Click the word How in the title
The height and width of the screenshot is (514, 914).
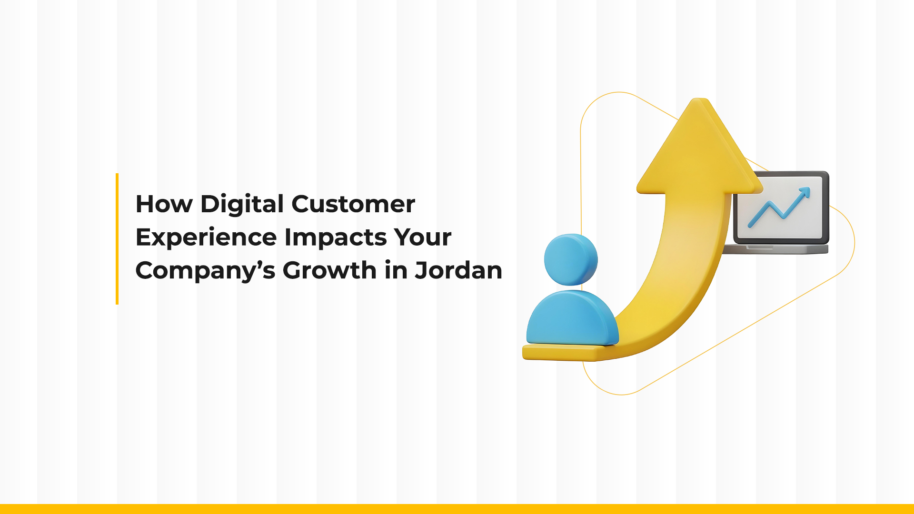164,204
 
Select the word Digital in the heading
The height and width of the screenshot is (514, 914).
242,205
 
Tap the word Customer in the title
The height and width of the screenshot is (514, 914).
353,204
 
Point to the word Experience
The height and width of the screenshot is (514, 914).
206,237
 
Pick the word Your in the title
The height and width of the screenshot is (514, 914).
422,237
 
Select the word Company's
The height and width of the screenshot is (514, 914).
205,270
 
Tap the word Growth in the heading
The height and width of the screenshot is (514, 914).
329,270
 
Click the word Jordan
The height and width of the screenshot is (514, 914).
458,270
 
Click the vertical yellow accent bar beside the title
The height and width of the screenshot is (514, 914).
117,238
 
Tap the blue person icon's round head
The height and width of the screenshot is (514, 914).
571,259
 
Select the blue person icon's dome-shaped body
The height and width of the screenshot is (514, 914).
573,318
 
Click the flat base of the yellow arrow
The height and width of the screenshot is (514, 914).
557,353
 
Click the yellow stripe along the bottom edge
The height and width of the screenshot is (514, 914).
457,509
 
